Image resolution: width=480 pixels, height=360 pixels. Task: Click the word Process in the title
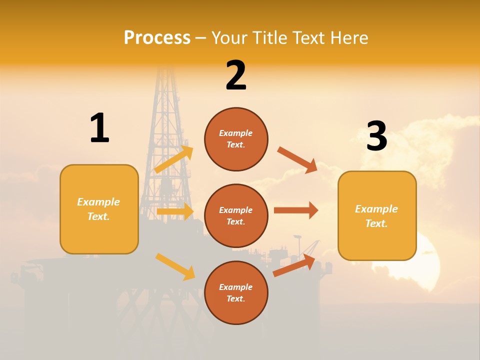pos(157,37)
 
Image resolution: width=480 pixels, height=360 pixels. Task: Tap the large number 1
pos(99,128)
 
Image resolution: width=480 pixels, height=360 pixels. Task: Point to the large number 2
pos(236,75)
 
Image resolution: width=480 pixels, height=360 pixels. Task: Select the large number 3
pos(376,135)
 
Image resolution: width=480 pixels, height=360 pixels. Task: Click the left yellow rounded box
pos(99,209)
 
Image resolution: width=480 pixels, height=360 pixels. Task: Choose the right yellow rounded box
pos(377,215)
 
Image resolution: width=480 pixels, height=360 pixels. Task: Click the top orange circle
pos(236,139)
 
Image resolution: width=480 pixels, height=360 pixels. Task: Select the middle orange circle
pos(236,215)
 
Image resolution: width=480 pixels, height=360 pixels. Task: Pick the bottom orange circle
pos(236,292)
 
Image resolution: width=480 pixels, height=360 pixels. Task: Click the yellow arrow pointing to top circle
pos(174,159)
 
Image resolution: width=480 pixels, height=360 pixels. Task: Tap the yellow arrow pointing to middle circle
pos(175,211)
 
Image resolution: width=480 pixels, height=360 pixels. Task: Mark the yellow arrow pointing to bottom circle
pos(175,266)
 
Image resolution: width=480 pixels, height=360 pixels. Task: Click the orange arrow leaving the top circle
pos(297,160)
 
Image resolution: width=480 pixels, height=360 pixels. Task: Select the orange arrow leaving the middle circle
pos(296,210)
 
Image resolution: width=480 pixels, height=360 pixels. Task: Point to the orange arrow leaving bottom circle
pos(294,265)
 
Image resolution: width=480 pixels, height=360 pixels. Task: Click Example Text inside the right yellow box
pos(376,216)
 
